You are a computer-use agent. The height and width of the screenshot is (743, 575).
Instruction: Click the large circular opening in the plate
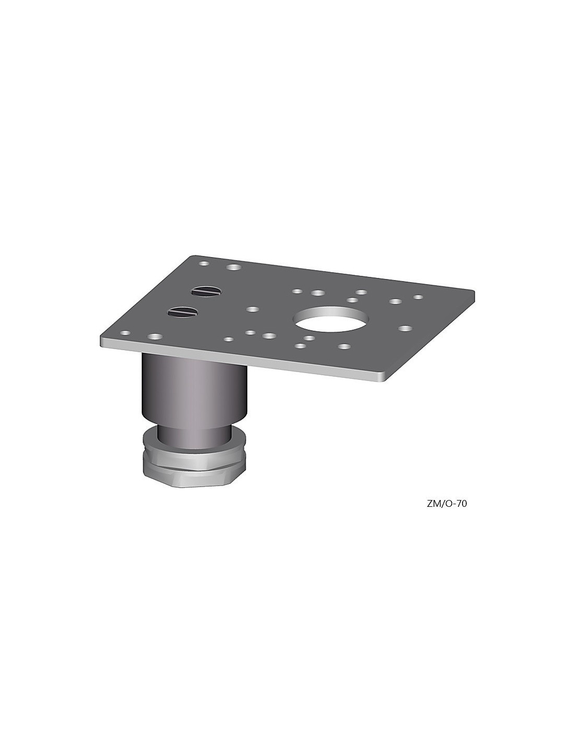click(330, 320)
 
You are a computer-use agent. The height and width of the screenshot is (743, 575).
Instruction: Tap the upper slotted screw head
click(206, 292)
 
